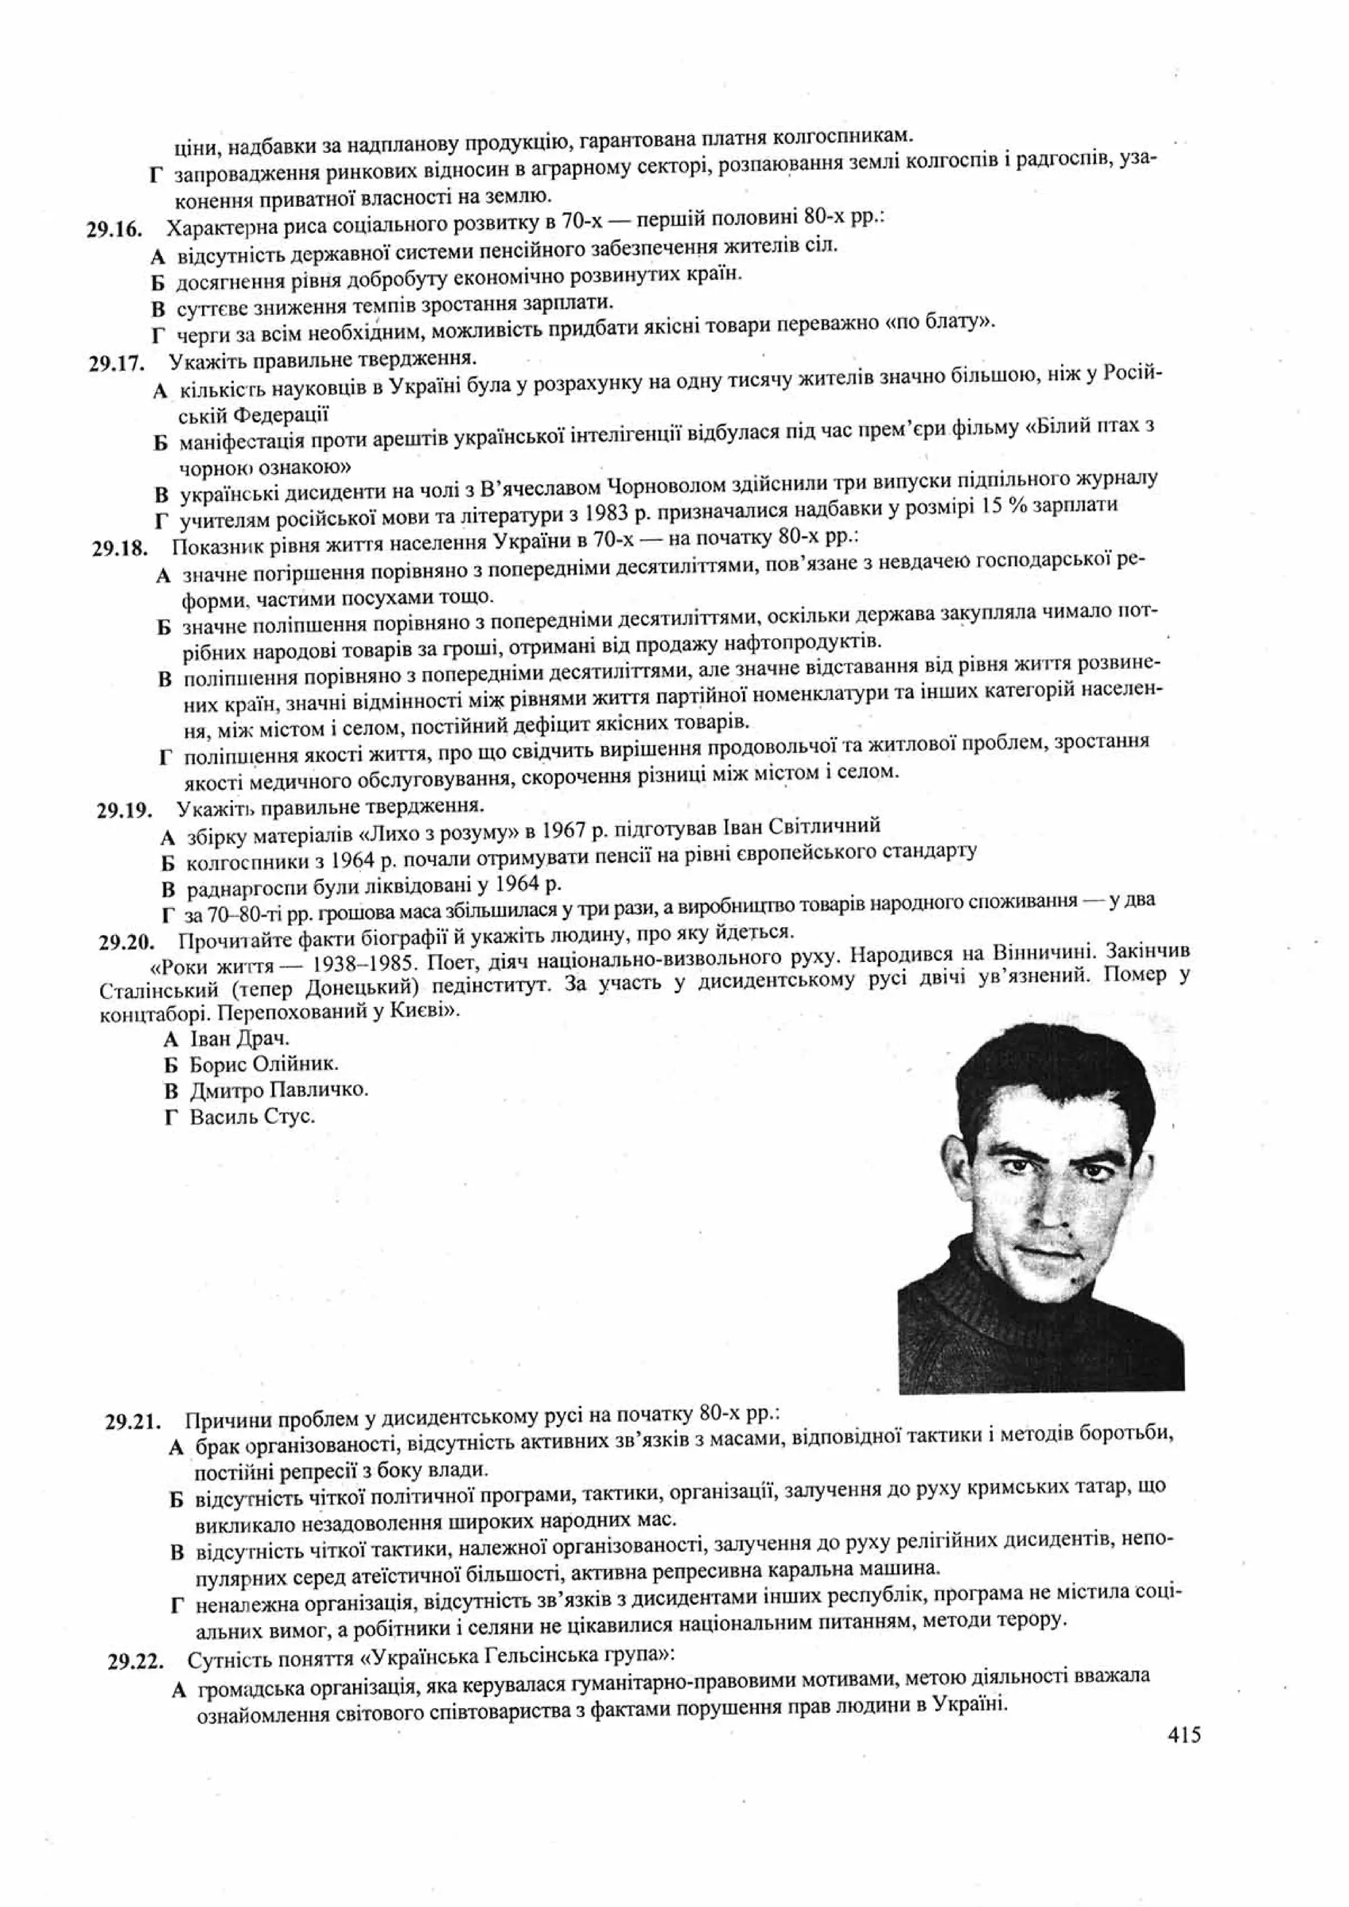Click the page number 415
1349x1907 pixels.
(1184, 1735)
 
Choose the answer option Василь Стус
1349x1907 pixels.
(252, 1116)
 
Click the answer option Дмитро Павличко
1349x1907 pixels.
(277, 1090)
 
